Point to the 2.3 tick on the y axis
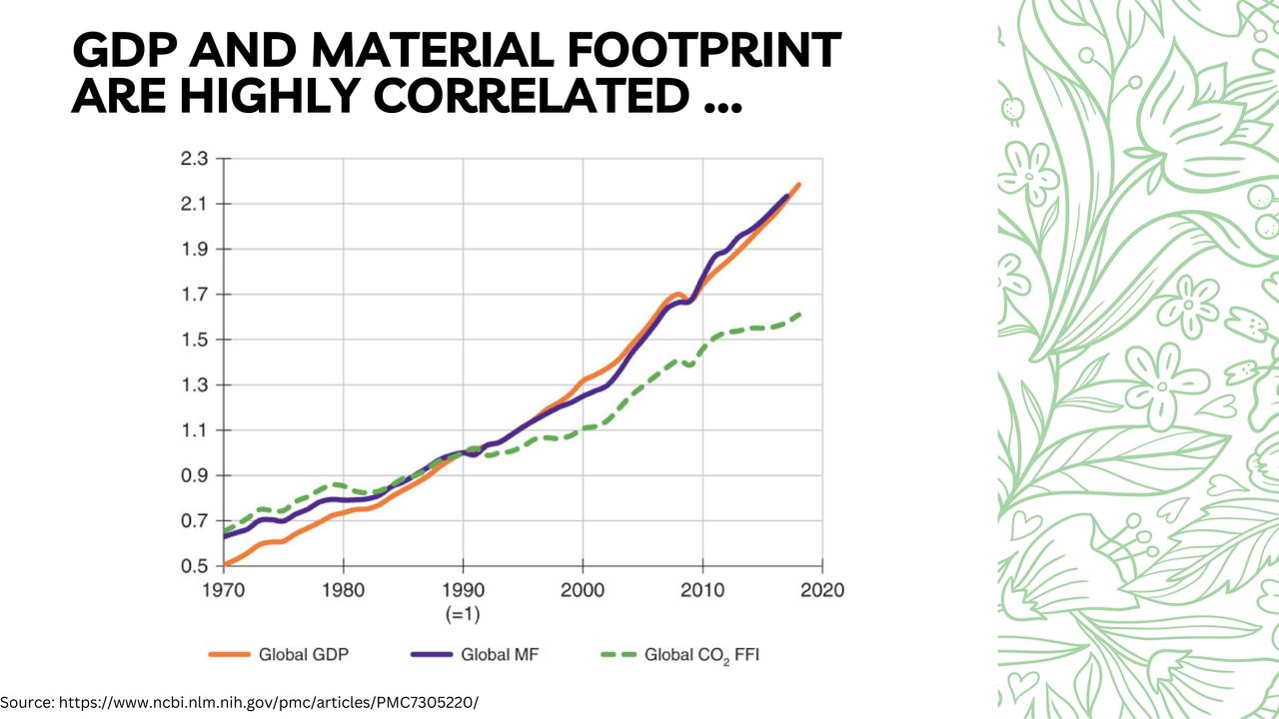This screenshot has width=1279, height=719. click(194, 159)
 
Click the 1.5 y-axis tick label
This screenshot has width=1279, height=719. click(194, 340)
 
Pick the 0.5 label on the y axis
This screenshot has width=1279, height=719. click(194, 566)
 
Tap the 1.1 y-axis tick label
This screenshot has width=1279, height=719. click(194, 430)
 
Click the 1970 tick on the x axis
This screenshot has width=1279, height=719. click(224, 589)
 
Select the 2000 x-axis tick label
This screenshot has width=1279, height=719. click(583, 589)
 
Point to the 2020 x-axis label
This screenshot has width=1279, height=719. click(822, 589)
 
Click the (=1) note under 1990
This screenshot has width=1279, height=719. click(463, 611)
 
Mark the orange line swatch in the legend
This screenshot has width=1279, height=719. click(229, 655)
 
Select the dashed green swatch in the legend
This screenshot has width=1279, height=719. click(618, 655)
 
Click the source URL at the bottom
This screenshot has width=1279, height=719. click(240, 702)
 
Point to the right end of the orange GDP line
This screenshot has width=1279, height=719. click(799, 185)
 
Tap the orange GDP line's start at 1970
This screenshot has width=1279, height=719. click(225, 564)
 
